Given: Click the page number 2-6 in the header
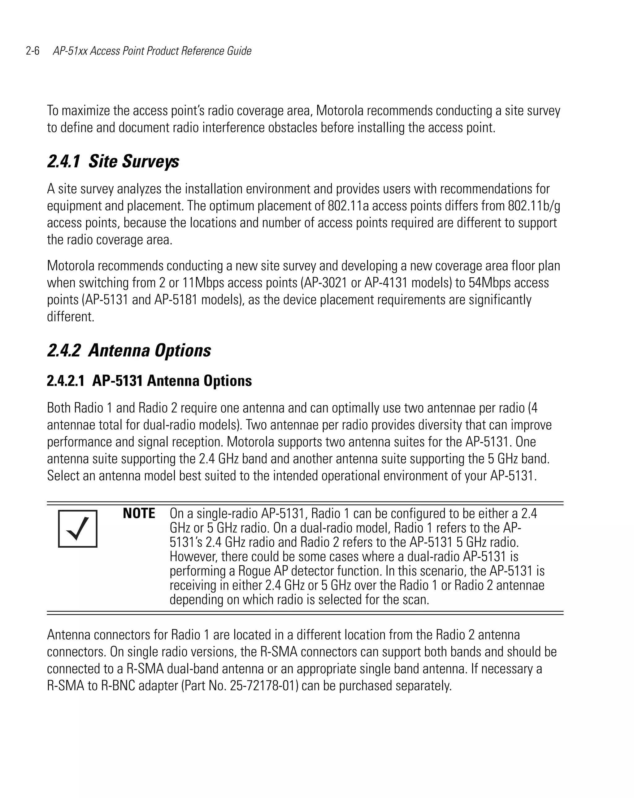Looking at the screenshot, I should pyautogui.click(x=33, y=51).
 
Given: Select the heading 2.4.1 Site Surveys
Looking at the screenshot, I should pyautogui.click(x=113, y=162).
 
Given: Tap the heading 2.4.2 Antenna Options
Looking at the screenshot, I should pyautogui.click(x=129, y=350).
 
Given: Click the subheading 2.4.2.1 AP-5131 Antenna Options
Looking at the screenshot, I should pyautogui.click(x=149, y=381).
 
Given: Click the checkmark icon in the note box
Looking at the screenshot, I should pyautogui.click(x=78, y=528).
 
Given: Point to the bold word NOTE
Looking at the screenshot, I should pyautogui.click(x=139, y=513).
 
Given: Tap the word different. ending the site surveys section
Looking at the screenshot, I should pyautogui.click(x=71, y=317).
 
